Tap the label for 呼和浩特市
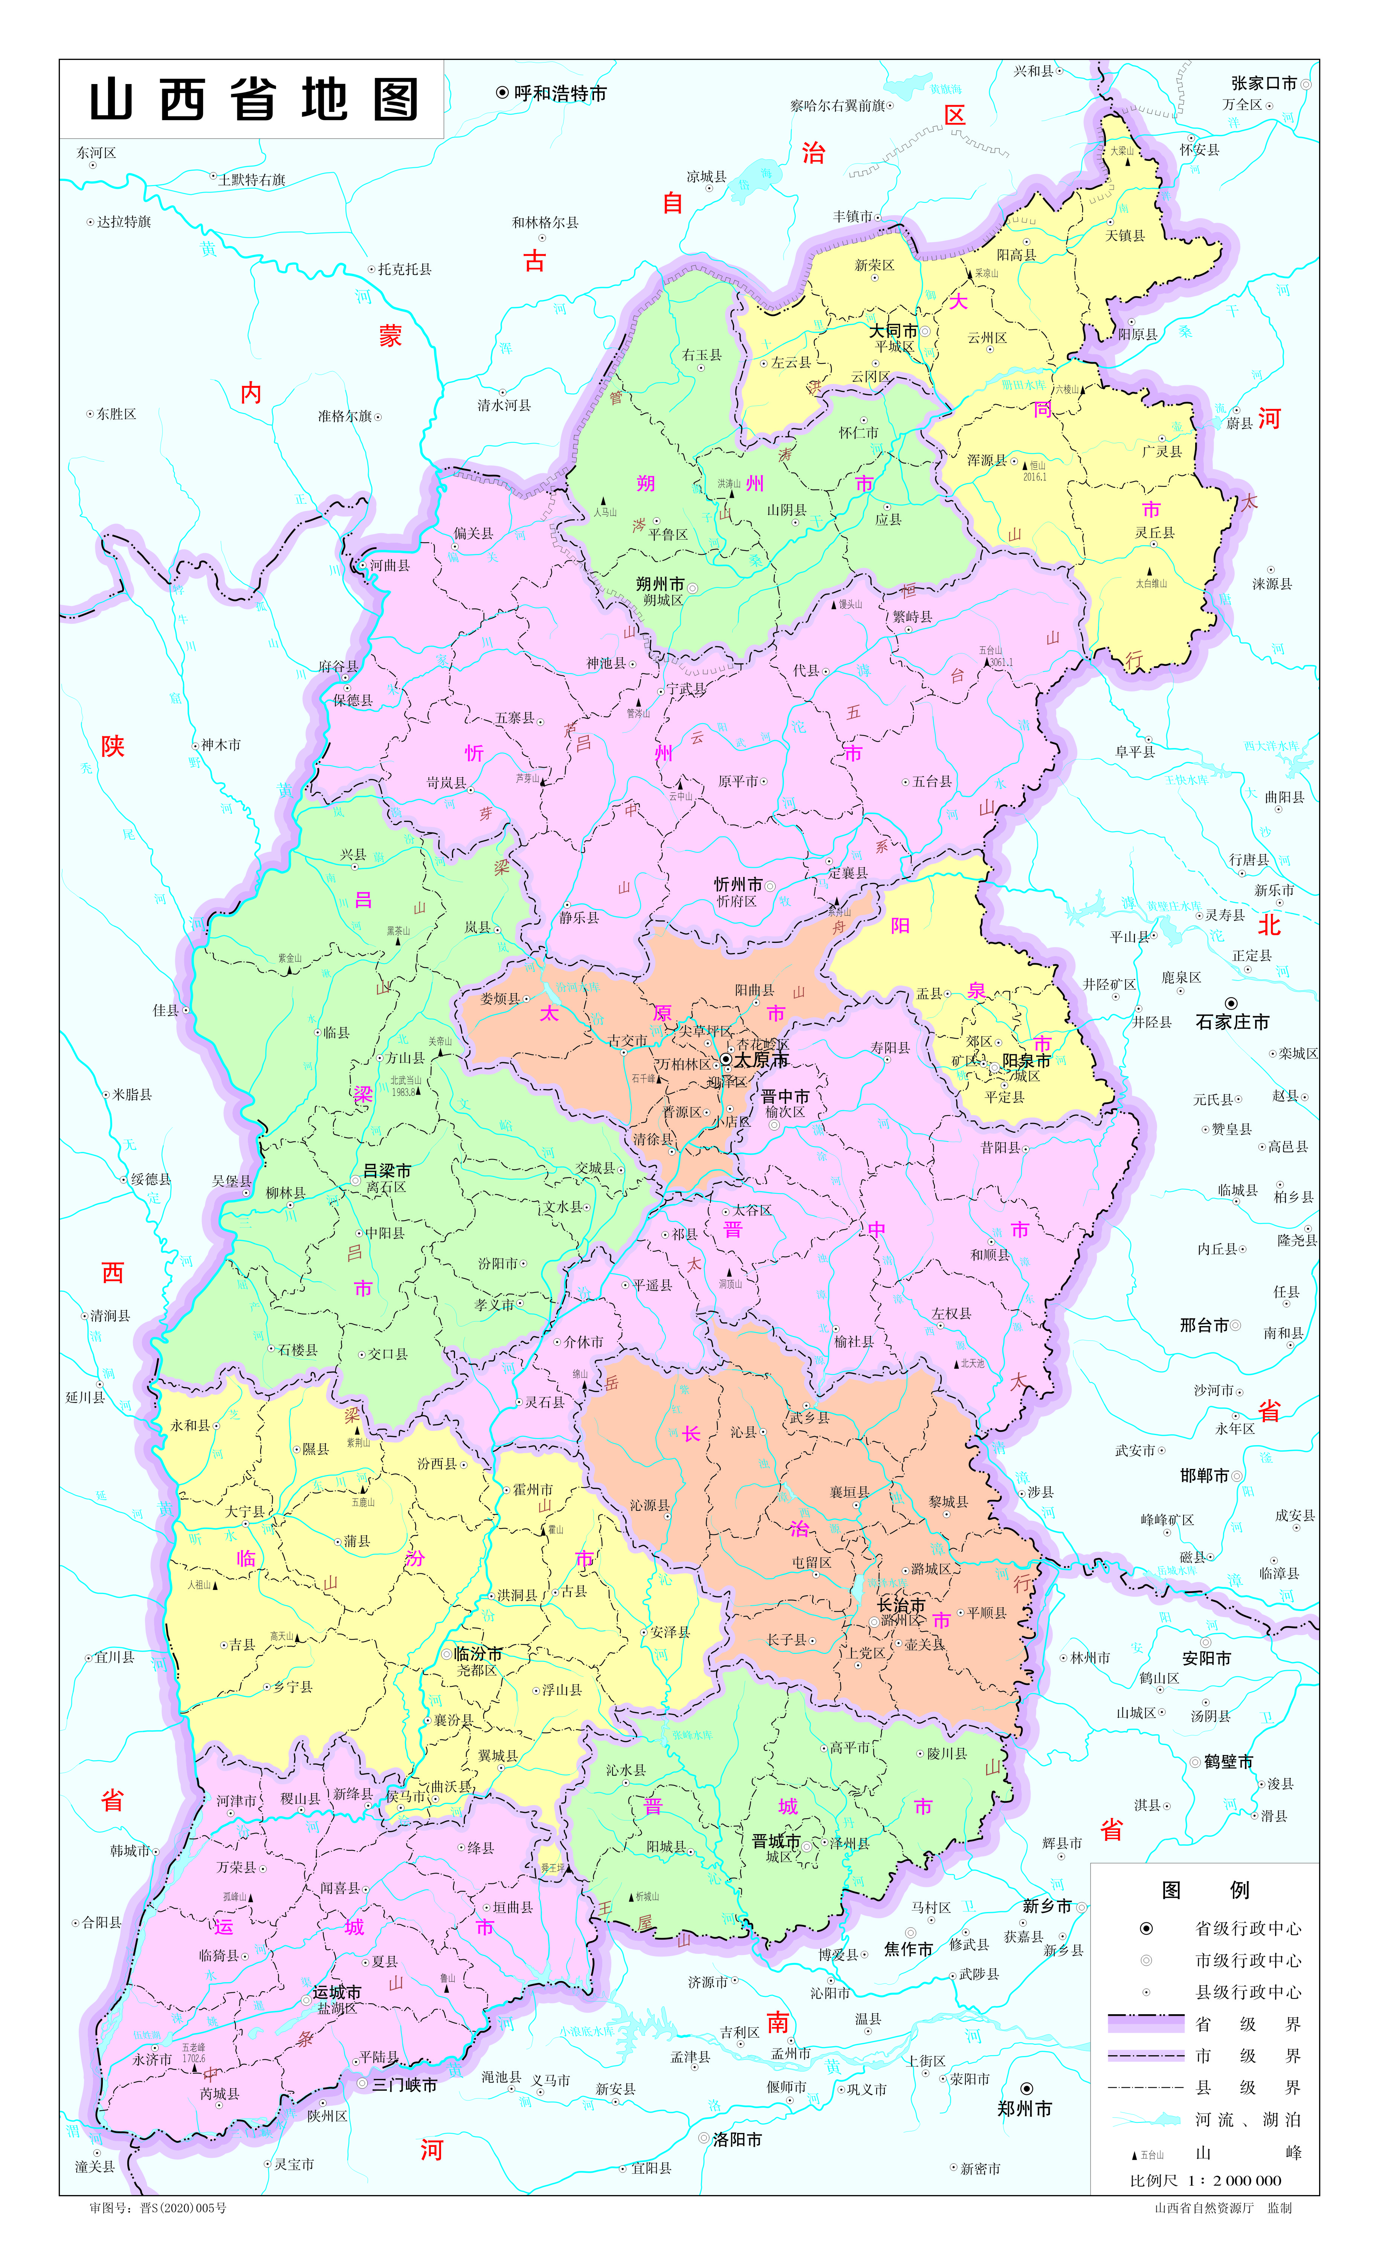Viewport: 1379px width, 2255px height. pyautogui.click(x=560, y=93)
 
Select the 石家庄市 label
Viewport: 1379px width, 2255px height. pyautogui.click(x=1232, y=1022)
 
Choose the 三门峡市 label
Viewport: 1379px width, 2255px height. pyautogui.click(x=405, y=2085)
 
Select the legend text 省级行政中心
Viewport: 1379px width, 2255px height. pyautogui.click(x=1248, y=1928)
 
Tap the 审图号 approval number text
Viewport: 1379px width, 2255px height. pyautogui.click(x=157, y=2208)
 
